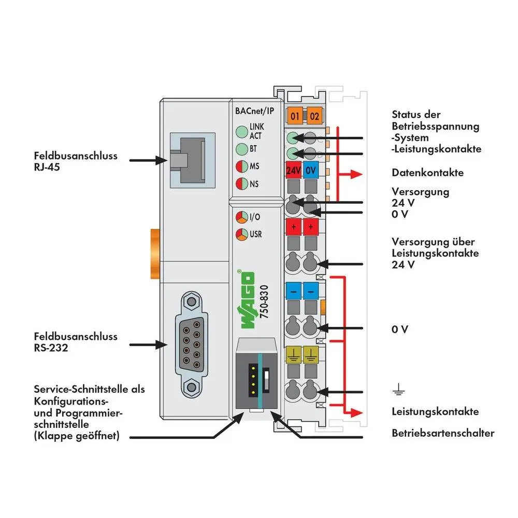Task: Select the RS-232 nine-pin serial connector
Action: click(192, 342)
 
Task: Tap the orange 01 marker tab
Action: click(295, 116)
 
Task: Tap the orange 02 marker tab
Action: click(313, 116)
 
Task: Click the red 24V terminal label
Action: click(294, 170)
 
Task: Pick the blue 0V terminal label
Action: click(311, 170)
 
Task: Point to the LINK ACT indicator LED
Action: click(241, 131)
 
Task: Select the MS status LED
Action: click(241, 167)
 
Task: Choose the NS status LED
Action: click(241, 183)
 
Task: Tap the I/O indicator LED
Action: click(241, 217)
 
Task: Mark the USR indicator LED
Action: click(241, 234)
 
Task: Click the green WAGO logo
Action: click(247, 300)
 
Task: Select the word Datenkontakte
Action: click(427, 172)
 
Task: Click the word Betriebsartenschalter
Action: click(443, 433)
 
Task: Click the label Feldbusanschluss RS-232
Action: click(76, 342)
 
